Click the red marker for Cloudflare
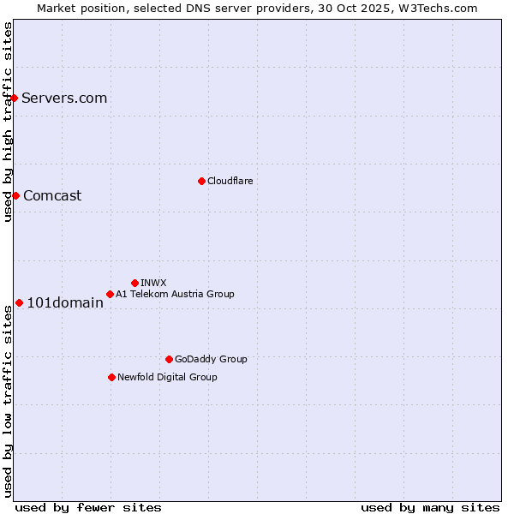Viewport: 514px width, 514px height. coord(201,181)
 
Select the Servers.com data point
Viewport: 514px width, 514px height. coord(15,98)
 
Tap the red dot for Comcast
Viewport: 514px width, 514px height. coord(15,195)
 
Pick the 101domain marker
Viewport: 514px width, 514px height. coord(19,302)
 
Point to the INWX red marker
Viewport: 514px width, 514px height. coord(134,283)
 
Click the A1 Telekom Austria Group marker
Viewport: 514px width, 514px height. coord(110,294)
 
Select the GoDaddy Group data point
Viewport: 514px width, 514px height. coord(169,359)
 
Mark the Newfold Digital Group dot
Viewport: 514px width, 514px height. coord(111,377)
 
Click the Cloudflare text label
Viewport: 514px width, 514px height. coord(230,181)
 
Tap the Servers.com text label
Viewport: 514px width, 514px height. coord(64,98)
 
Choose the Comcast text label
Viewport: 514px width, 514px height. coord(52,195)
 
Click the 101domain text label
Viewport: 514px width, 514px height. coord(65,302)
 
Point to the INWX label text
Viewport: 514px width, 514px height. coord(153,283)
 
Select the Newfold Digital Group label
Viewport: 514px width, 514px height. coord(167,377)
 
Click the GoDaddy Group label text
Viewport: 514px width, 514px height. coord(211,359)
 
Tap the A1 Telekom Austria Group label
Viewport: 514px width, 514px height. coord(175,294)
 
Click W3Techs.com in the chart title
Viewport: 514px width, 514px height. coord(435,8)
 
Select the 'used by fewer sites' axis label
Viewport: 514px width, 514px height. coord(88,507)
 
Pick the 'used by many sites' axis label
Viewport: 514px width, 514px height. coord(430,507)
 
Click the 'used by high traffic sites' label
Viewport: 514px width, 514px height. coord(8,122)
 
